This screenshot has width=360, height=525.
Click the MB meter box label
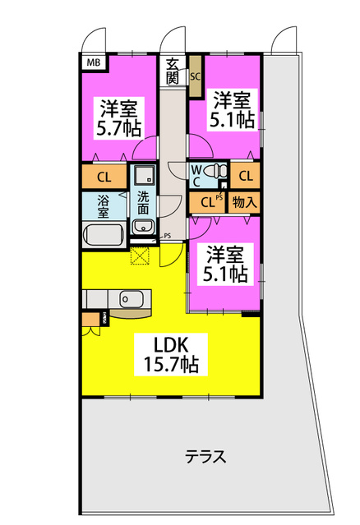(94, 62)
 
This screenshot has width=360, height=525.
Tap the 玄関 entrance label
(173, 71)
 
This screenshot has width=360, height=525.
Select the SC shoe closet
(196, 76)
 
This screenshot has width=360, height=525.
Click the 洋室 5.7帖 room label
(118, 117)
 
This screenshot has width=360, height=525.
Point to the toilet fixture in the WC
(215, 171)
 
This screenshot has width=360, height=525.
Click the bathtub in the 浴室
(103, 235)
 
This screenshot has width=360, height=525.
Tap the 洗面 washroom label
(143, 203)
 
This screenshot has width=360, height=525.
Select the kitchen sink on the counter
(132, 297)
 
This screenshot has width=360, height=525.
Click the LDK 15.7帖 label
(171, 354)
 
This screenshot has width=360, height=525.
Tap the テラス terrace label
(205, 456)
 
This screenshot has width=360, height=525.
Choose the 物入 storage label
(245, 202)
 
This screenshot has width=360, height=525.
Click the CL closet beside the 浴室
(104, 177)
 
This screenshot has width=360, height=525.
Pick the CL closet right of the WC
(246, 175)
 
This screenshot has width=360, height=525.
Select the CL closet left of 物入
(207, 202)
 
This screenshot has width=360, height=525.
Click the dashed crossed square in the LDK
(139, 256)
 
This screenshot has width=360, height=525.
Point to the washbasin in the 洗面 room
(143, 228)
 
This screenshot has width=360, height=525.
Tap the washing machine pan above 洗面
(145, 175)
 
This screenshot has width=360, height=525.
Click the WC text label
(196, 176)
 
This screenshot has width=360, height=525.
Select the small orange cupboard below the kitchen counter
(91, 320)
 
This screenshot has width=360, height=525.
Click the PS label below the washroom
(168, 236)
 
